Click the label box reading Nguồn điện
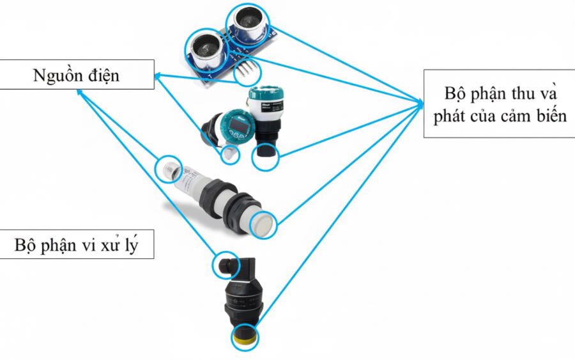coord(77,75)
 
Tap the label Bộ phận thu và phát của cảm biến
coord(498,104)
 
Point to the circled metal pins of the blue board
coord(245,73)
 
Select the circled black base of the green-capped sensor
coord(265,155)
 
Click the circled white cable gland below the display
coord(229,153)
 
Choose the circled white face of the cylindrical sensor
coord(264,223)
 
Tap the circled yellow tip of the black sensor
coord(245,336)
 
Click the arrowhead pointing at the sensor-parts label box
coord(419,102)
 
